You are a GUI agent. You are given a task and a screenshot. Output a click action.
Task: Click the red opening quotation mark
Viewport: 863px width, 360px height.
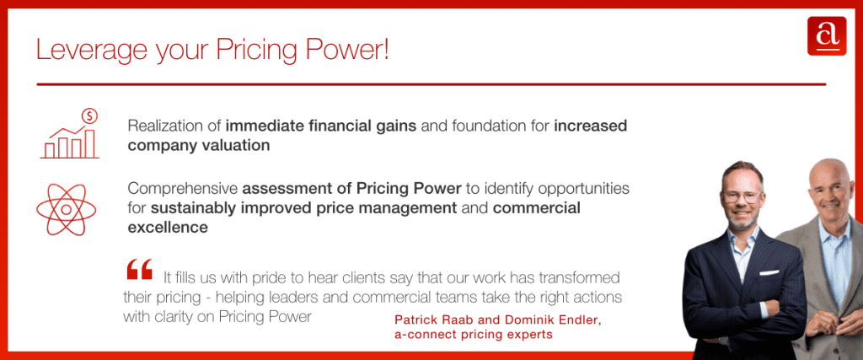point(139,270)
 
